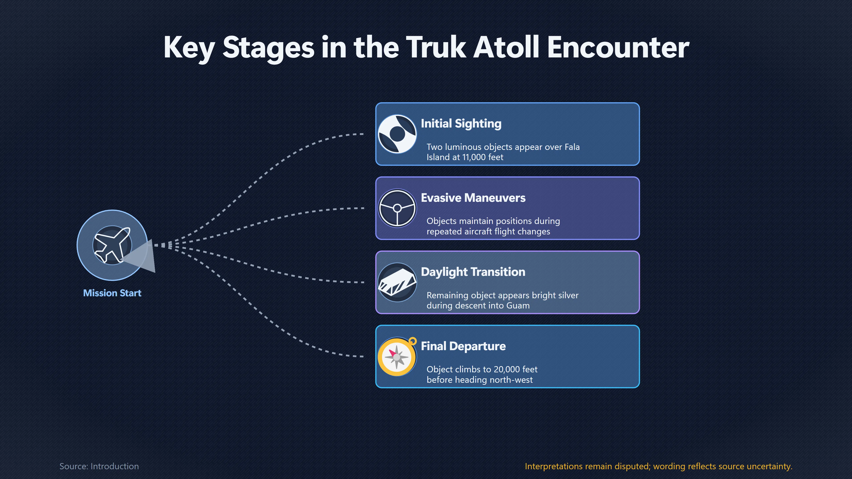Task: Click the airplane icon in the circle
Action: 112,245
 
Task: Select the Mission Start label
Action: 112,293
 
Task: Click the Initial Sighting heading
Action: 461,124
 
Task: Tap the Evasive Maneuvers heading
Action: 473,198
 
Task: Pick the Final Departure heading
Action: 463,346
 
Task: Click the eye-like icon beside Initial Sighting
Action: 397,134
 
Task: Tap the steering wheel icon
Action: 397,208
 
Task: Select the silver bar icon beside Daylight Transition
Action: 397,282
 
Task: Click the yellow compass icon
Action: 397,356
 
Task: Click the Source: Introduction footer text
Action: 99,466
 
